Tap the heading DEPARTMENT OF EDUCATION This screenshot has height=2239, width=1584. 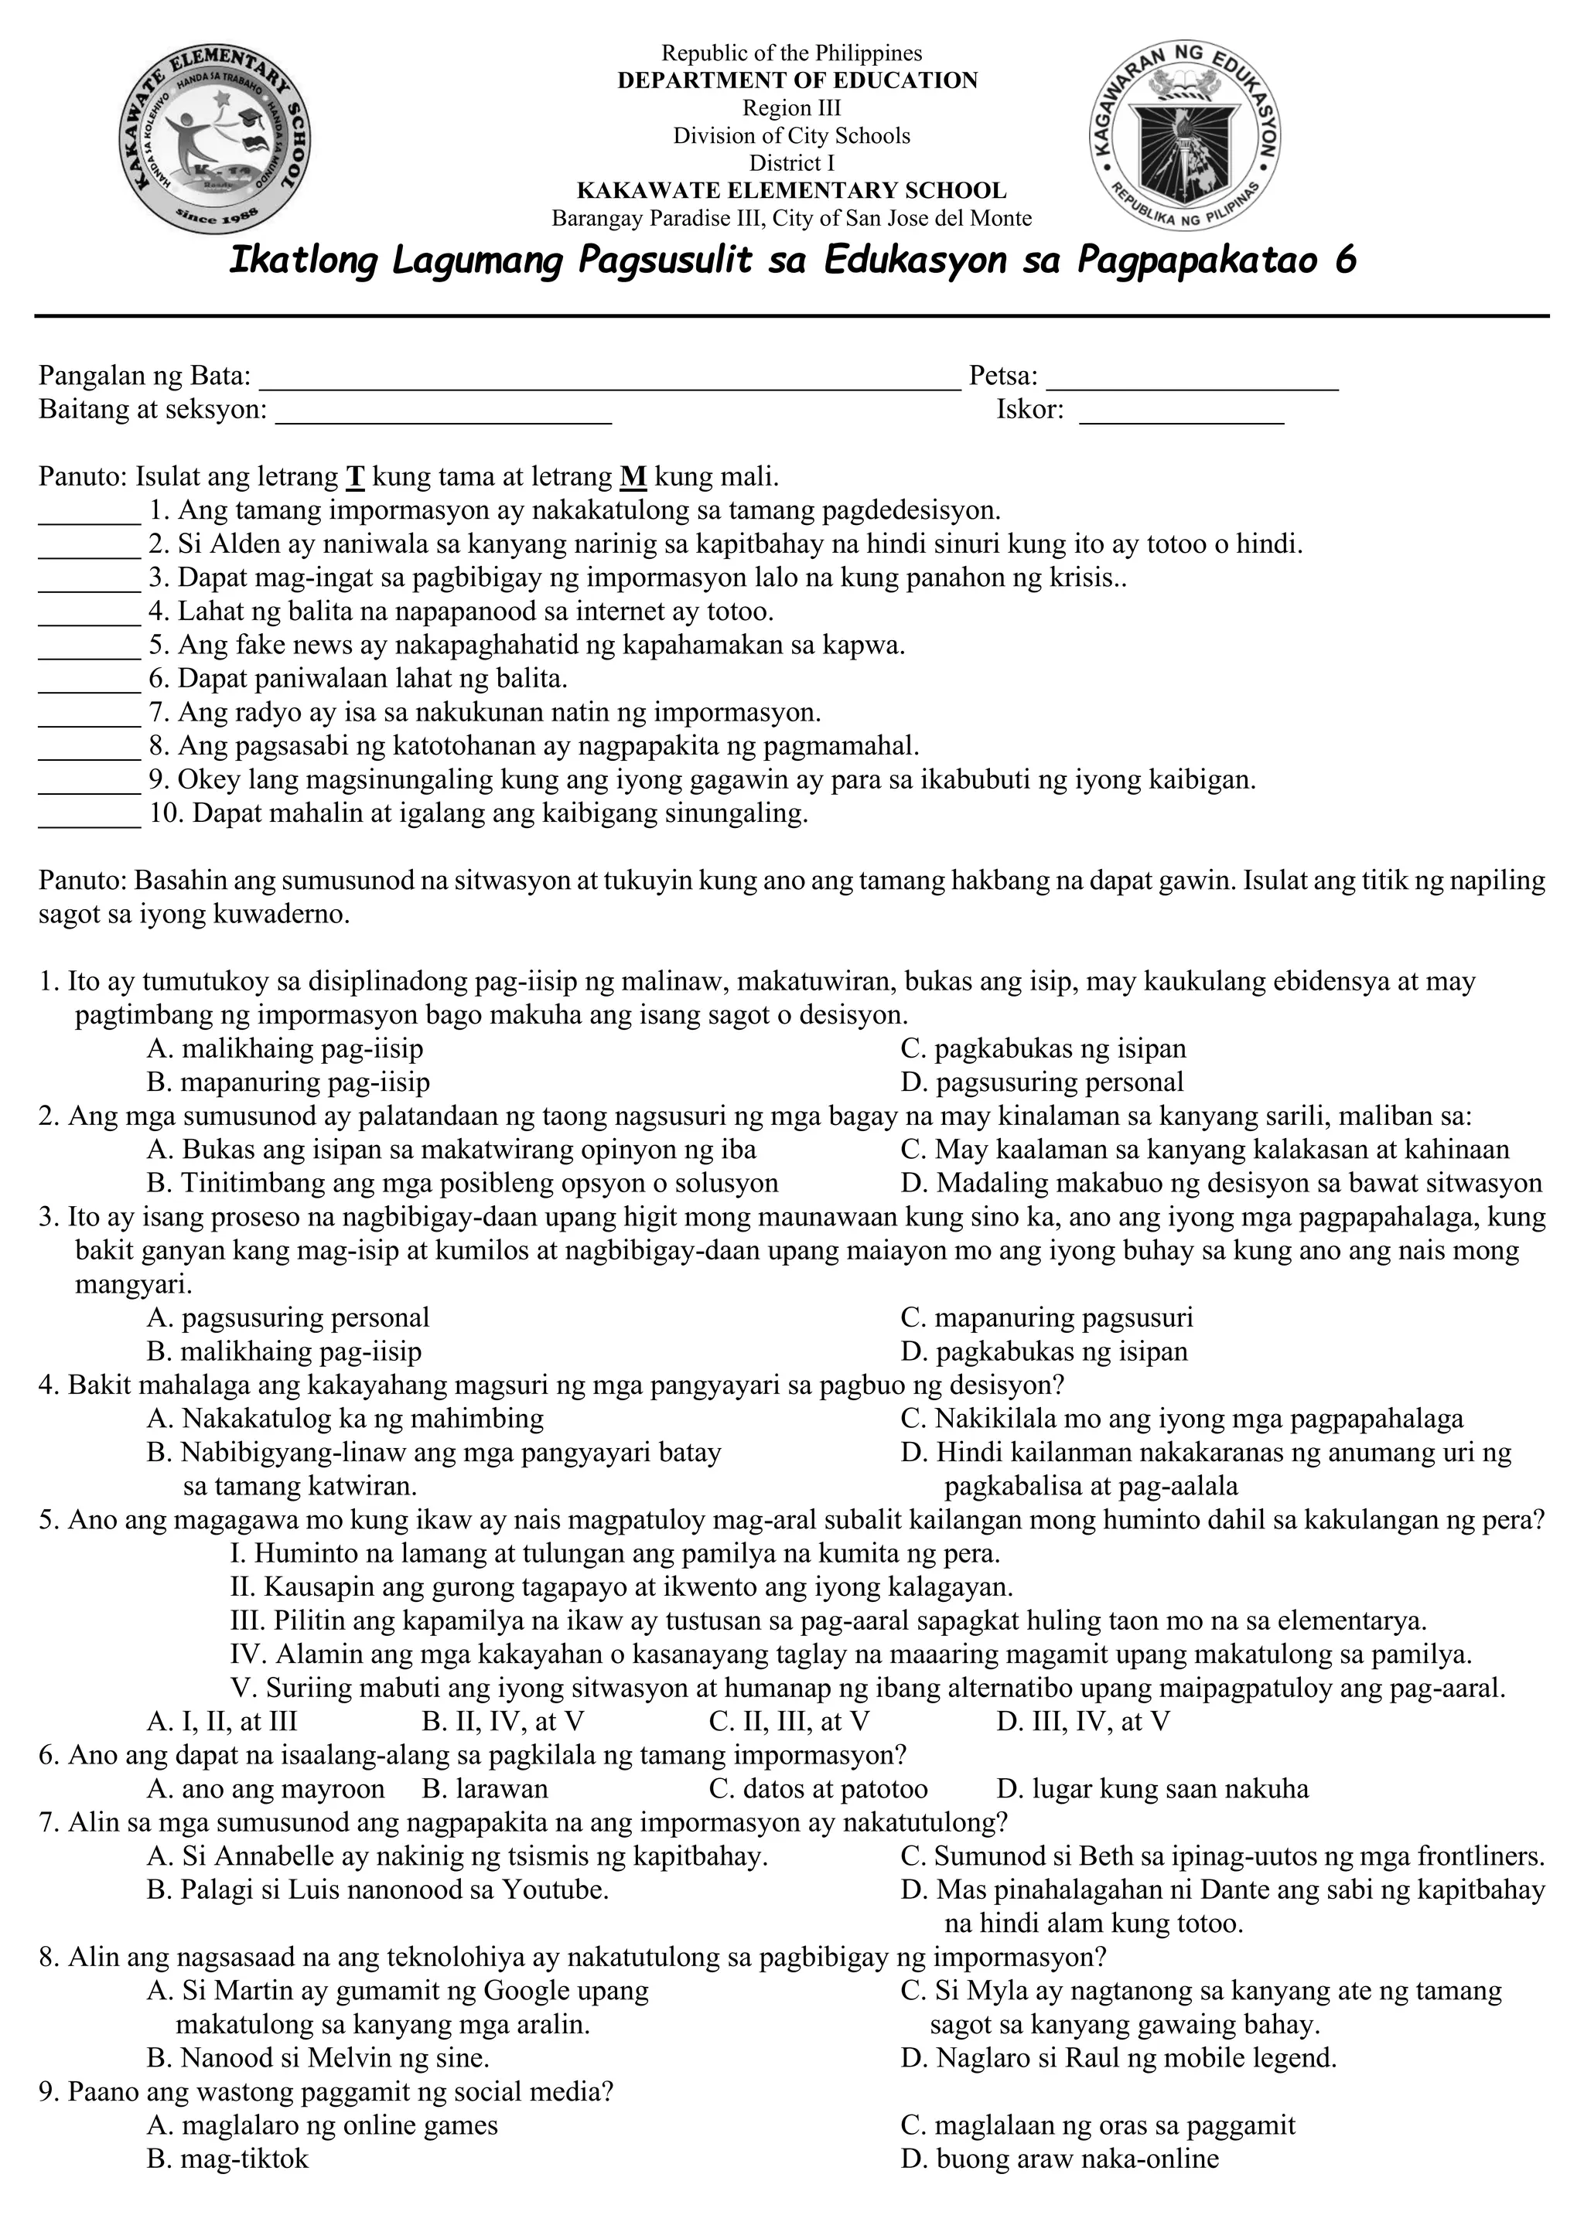pyautogui.click(x=797, y=81)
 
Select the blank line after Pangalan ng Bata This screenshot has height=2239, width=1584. pyautogui.click(x=609, y=386)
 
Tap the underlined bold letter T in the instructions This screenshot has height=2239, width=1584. pyautogui.click(x=355, y=478)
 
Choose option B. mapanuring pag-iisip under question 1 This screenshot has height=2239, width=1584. pyautogui.click(x=288, y=1082)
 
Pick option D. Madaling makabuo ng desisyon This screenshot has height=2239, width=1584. pyautogui.click(x=1221, y=1184)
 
